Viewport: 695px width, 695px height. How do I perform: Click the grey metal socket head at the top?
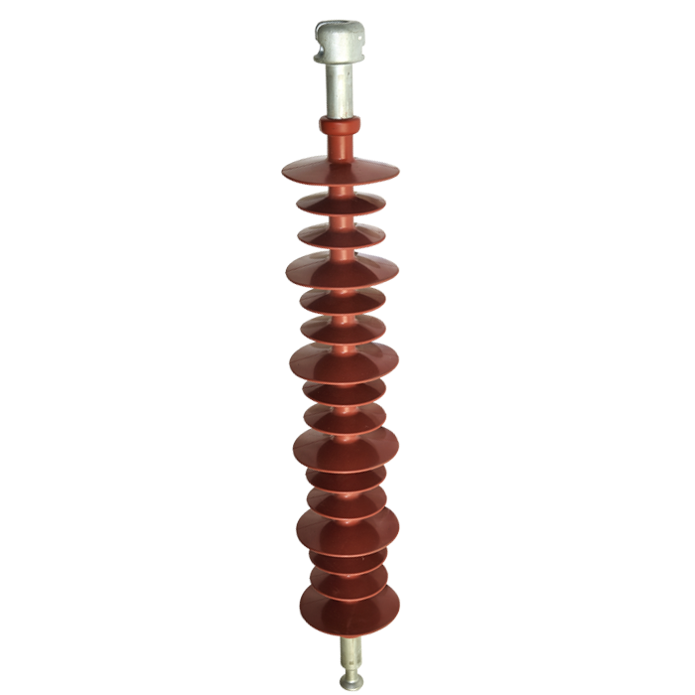coord(339,44)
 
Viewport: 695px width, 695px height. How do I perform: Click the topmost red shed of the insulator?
coord(338,172)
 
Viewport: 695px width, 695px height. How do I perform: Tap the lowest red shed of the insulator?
coord(348,608)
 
